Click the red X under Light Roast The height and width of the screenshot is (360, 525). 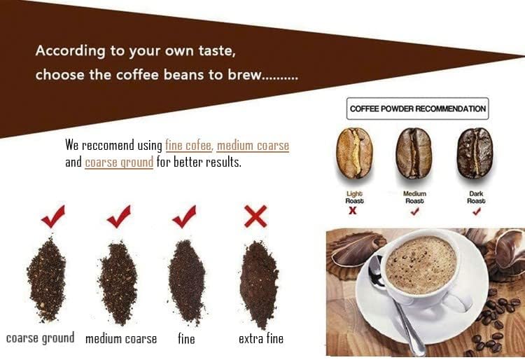tap(353, 211)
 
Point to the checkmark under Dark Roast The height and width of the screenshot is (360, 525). tap(476, 211)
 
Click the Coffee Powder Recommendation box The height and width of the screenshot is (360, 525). tap(418, 109)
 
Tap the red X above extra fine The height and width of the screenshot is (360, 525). tap(255, 216)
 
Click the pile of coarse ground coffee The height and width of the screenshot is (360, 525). tap(46, 281)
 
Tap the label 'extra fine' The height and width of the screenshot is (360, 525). tap(261, 339)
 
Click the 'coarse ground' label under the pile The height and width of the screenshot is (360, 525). tap(40, 338)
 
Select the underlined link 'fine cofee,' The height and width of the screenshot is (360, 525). tap(189, 146)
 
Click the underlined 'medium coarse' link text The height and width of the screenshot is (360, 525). tap(253, 146)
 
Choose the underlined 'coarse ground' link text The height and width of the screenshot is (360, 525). tap(119, 162)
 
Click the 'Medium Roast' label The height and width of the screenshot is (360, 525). tap(414, 197)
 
